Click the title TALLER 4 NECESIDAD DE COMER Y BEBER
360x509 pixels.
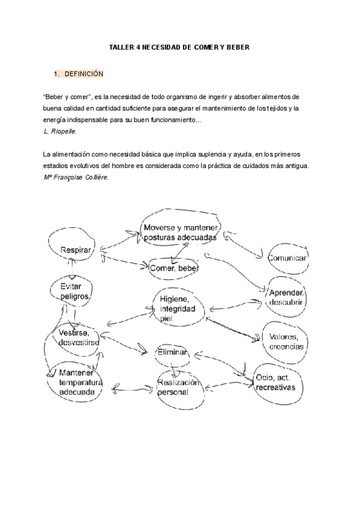point(179,46)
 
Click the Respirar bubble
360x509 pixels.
point(76,250)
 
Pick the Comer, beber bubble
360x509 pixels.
point(173,268)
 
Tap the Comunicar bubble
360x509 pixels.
point(287,258)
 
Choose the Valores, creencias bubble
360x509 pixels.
point(286,342)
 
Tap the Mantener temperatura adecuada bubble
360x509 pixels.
point(80,382)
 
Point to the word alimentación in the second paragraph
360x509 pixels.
point(74,154)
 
